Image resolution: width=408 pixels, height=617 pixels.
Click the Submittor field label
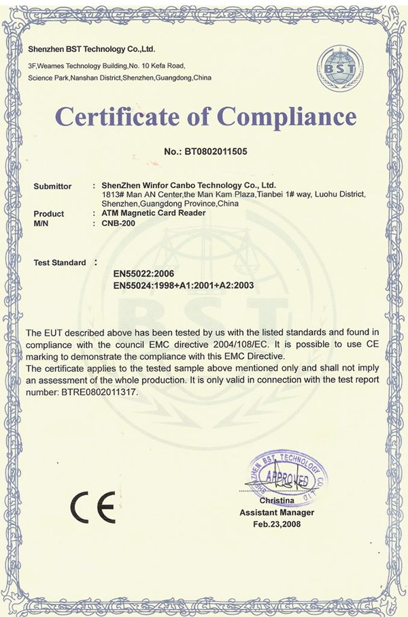tap(52, 186)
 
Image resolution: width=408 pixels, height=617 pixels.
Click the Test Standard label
tap(60, 262)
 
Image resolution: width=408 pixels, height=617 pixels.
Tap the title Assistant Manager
tap(277, 512)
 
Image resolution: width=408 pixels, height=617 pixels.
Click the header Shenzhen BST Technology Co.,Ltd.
tap(92, 50)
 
